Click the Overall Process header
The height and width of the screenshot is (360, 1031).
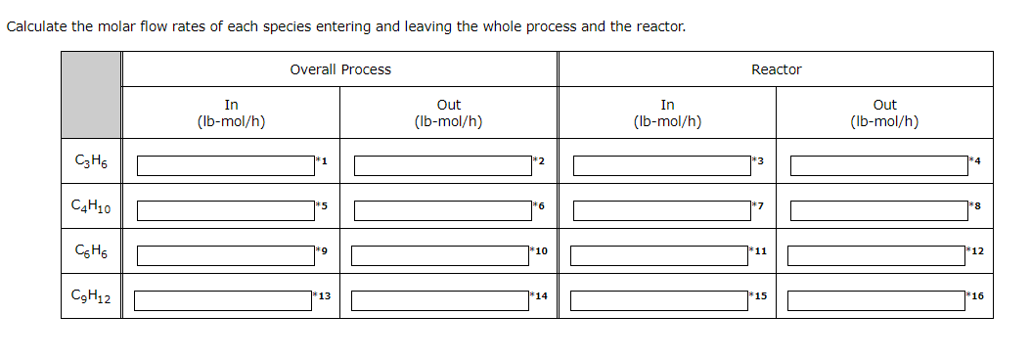(340, 69)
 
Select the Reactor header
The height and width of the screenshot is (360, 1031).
(776, 69)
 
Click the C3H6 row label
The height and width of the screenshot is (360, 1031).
(92, 161)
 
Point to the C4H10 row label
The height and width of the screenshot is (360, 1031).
(92, 208)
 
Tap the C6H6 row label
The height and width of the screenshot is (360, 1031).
(92, 253)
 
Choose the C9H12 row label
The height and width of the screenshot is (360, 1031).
(92, 297)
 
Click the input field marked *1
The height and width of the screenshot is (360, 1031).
(225, 165)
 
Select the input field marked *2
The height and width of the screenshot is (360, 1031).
(442, 165)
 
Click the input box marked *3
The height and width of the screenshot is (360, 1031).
(661, 165)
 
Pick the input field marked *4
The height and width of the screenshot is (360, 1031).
(878, 165)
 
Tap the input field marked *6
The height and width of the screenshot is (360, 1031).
(442, 210)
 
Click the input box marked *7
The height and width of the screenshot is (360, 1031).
(661, 210)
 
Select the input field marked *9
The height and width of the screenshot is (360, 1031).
(225, 255)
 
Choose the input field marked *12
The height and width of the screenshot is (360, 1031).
(876, 255)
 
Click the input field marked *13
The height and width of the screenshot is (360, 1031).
(223, 299)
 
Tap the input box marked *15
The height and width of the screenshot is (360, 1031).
(659, 299)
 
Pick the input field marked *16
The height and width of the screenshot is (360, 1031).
(876, 299)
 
